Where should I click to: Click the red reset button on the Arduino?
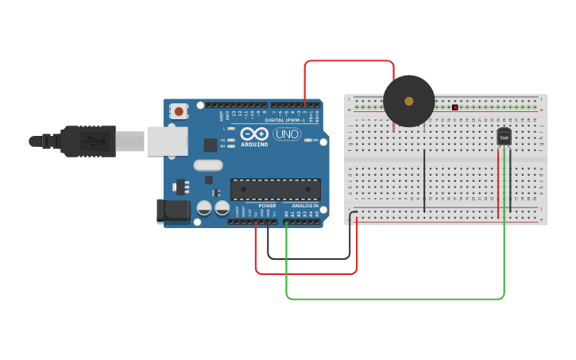(180, 110)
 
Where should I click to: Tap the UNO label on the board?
(286, 134)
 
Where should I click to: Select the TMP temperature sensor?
(504, 137)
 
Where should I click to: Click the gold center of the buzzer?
(408, 101)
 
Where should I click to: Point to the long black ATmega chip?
(275, 189)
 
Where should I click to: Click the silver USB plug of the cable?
(130, 141)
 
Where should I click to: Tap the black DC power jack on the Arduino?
(173, 211)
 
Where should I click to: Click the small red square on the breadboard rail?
(455, 107)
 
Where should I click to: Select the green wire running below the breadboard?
(397, 299)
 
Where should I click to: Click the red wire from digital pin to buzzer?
(350, 61)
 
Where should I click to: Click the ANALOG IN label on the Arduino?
(304, 206)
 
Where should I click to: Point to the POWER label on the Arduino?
(267, 206)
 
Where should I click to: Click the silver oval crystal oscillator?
(207, 165)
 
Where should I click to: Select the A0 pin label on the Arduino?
(286, 214)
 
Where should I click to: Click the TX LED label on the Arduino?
(223, 140)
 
